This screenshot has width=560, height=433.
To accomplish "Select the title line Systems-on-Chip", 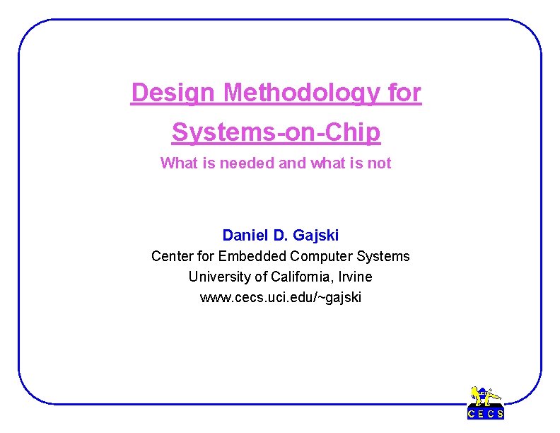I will tap(276, 132).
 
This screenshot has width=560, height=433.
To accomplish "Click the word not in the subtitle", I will tap(380, 163).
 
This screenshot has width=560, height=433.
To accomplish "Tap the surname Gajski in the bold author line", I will tap(315, 235).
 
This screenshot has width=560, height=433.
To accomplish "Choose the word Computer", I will tap(317, 256).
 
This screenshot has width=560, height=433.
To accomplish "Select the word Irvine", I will tap(354, 277).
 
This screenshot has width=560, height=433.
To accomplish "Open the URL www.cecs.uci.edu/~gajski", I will tap(280, 298).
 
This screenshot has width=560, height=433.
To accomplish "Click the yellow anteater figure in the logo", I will tap(486, 397).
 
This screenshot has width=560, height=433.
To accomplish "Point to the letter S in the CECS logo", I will tap(500, 414).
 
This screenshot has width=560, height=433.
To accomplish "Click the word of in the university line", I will tap(260, 277).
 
